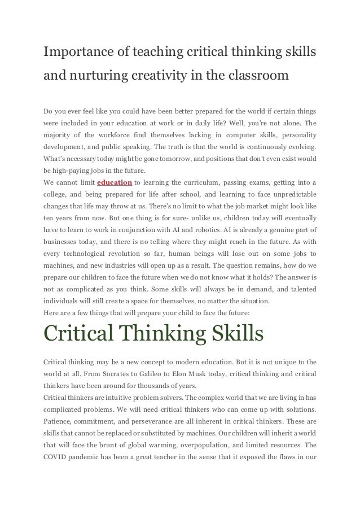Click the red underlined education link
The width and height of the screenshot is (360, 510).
click(x=115, y=182)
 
